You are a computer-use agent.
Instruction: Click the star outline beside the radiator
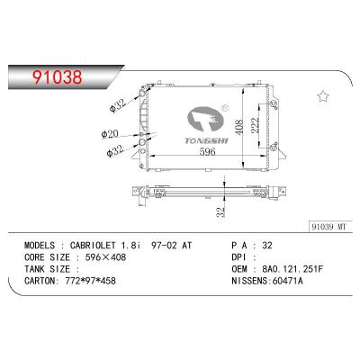321,97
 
